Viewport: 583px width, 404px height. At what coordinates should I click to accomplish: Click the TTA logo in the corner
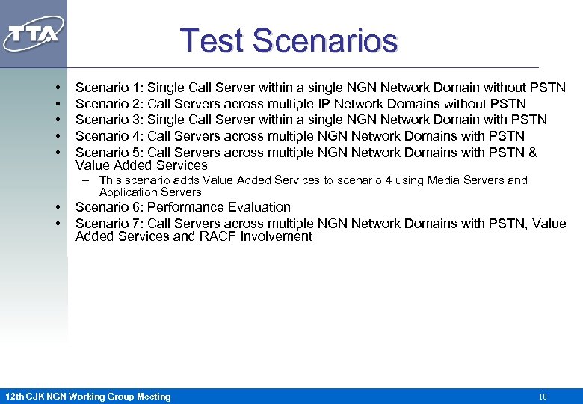pyautogui.click(x=34, y=34)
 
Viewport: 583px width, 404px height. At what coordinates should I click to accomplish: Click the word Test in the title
pyautogui.click(x=212, y=40)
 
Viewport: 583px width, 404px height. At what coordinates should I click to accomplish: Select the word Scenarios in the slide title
pyautogui.click(x=324, y=40)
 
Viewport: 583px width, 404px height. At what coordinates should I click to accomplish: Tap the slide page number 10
pyautogui.click(x=543, y=397)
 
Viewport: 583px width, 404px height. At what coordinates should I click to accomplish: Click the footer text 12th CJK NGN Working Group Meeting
pyautogui.click(x=87, y=397)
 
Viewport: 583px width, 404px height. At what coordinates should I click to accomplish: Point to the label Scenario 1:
pyautogui.click(x=110, y=88)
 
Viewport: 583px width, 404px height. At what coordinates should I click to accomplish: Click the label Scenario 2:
pyautogui.click(x=110, y=104)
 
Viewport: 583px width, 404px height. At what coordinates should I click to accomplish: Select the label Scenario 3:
pyautogui.click(x=110, y=120)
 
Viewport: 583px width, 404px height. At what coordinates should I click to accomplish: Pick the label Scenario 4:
pyautogui.click(x=110, y=136)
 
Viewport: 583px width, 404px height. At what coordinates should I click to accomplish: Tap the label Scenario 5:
pyautogui.click(x=110, y=153)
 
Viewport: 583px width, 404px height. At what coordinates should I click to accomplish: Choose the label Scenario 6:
pyautogui.click(x=110, y=207)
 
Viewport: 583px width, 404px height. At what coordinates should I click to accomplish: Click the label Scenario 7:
pyautogui.click(x=110, y=224)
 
